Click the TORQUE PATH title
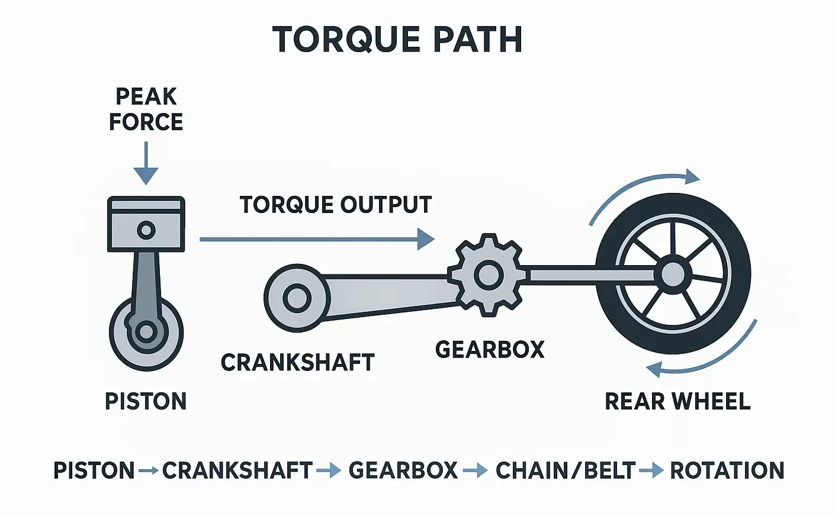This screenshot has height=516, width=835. point(397,40)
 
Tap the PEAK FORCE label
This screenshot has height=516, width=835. point(146,109)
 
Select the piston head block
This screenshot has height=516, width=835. point(146,225)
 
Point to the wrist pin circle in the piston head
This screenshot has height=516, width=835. point(146,230)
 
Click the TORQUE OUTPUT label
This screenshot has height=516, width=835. point(336,205)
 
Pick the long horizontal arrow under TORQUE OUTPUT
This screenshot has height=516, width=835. point(317,239)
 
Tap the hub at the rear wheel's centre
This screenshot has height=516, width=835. point(672,274)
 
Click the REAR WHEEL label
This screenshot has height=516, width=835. point(677,401)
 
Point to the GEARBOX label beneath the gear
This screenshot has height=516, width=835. point(490,350)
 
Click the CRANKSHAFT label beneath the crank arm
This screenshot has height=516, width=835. point(297,362)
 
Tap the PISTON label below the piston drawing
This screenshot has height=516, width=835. point(146,401)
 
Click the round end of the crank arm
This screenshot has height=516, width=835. point(297,298)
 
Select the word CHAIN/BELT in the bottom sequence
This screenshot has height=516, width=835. point(565,470)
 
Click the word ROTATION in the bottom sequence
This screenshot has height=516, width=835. point(727,470)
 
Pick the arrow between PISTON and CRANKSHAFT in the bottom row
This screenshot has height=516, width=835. point(148,471)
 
